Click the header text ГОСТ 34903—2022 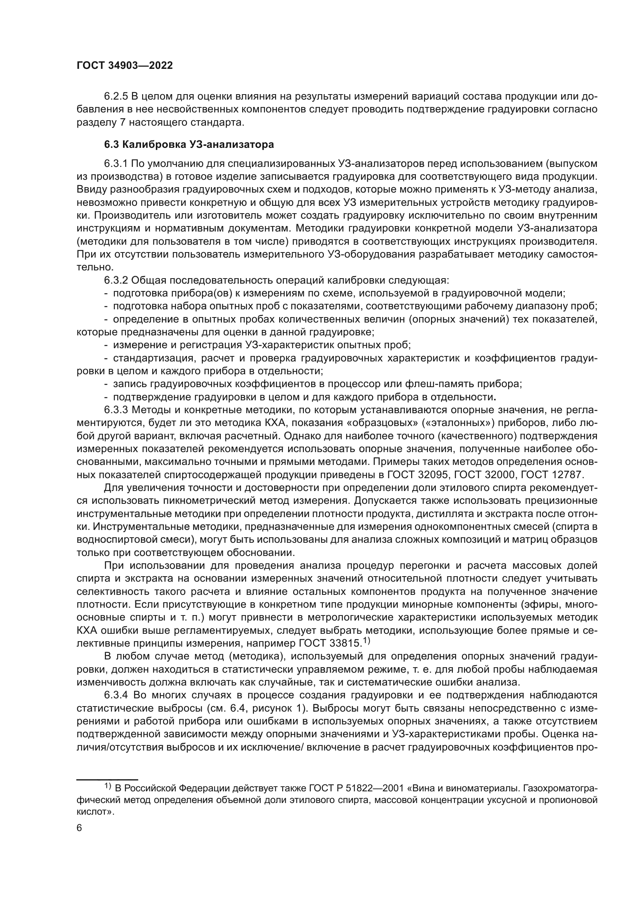125,66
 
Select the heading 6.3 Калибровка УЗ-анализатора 189,145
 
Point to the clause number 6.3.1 116,164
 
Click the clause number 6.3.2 116,281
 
